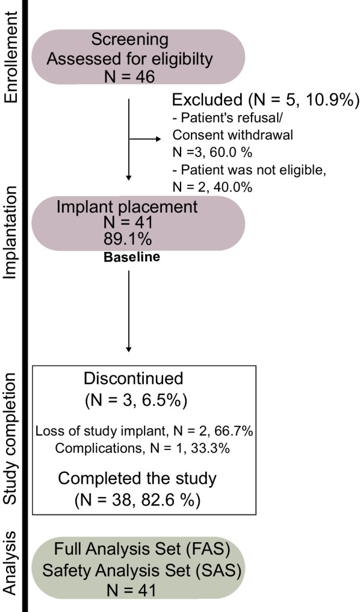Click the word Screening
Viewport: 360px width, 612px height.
pos(130,40)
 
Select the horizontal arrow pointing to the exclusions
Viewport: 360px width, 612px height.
pos(148,139)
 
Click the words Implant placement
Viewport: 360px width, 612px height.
pos(127,206)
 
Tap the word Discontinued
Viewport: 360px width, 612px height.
pos(134,379)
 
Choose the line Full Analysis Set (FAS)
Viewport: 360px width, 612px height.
pos(141,549)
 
